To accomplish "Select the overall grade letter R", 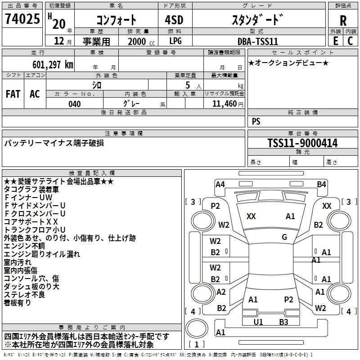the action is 343,20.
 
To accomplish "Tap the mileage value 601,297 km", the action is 52,65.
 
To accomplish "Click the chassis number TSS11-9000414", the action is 302,143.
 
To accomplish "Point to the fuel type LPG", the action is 175,41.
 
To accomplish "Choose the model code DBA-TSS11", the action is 258,41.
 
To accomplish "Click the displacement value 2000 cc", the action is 137,42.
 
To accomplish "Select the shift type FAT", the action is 13,94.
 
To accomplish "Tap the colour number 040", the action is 75,104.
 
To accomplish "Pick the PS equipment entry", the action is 256,121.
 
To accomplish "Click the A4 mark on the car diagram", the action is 220,184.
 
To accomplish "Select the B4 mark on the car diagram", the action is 321,184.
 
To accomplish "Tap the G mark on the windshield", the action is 284,237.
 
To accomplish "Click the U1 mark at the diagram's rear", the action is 258,322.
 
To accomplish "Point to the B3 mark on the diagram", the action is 283,322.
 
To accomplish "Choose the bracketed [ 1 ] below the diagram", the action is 197,344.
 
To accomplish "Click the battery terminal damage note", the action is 54,143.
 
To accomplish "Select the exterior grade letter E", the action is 335,41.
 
